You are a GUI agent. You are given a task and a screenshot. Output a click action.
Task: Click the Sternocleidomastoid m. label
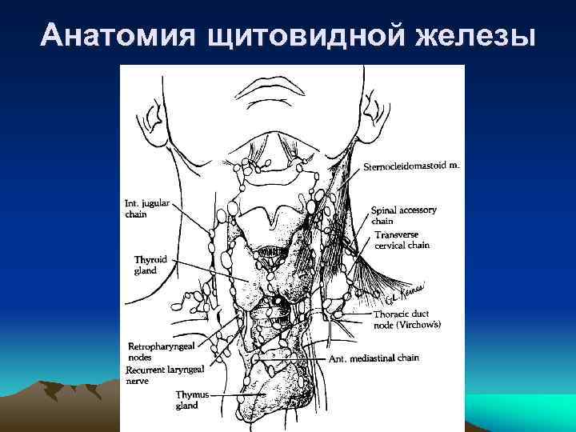(411, 166)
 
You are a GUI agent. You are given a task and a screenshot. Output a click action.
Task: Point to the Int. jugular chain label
(146, 208)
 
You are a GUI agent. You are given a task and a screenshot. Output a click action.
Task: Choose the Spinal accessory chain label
(403, 215)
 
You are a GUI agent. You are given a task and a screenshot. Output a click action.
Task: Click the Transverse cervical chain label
(402, 240)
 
